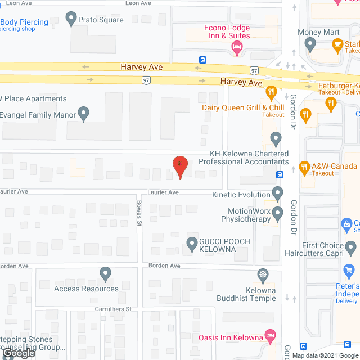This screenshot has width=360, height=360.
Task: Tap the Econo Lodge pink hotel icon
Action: (x=237, y=49)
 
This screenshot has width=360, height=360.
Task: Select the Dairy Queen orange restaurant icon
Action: (x=271, y=92)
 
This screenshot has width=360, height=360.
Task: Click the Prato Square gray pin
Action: (x=71, y=19)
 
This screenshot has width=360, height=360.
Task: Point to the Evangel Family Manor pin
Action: (x=84, y=114)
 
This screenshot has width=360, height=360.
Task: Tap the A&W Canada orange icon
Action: (x=304, y=166)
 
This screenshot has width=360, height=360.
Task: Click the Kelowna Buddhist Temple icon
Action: (x=263, y=275)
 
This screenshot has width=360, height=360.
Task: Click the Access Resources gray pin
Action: (x=105, y=274)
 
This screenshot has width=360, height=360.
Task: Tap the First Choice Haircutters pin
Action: (x=351, y=246)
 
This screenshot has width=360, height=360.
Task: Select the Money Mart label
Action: (x=318, y=32)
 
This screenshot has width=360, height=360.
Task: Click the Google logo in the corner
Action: (x=18, y=354)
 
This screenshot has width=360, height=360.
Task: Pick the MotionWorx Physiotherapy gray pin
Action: (x=277, y=213)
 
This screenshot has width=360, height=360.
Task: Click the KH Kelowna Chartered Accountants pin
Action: (x=276, y=138)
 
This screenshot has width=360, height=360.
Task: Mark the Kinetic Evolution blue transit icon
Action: (x=277, y=190)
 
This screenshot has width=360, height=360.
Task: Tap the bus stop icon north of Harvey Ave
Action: (x=202, y=59)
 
